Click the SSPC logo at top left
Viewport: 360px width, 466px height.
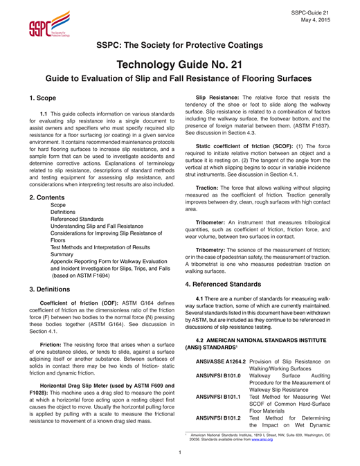48,26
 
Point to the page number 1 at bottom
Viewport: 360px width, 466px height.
179,453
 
